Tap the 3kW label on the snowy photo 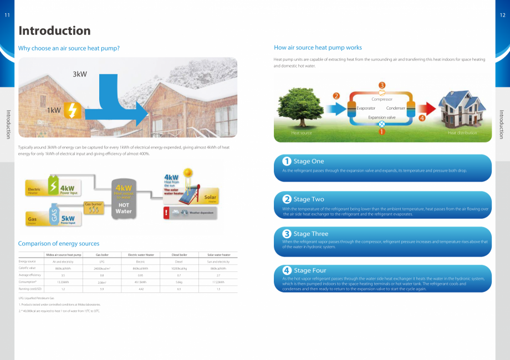click(80, 74)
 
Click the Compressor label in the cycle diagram click(381, 99)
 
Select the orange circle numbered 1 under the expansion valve click(381, 132)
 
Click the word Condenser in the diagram click(395, 108)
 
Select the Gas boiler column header click(102, 255)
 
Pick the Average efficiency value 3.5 click(63, 275)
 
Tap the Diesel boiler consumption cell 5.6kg click(178, 282)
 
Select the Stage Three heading click(310, 234)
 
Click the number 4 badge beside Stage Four click(287, 270)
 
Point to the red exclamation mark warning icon click(166, 213)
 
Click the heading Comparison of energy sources click(59, 244)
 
